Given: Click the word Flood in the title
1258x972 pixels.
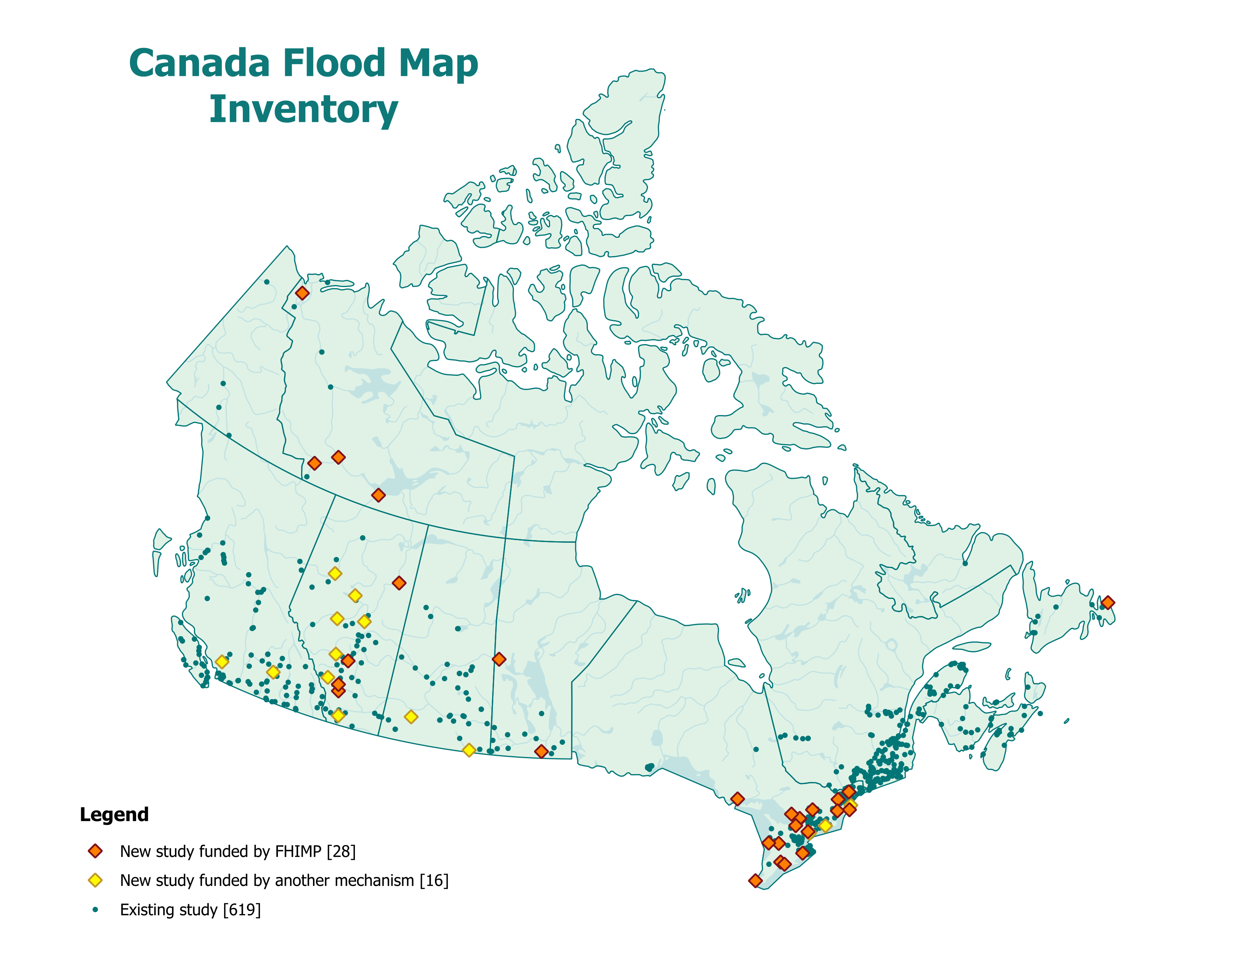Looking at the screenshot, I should point(334,63).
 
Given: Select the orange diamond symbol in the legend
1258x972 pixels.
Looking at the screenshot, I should point(95,851).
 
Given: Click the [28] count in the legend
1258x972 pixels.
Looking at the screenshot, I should point(341,851).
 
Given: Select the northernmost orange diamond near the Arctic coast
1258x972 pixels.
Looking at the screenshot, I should point(302,293).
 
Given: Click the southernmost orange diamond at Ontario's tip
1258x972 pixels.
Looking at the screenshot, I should point(755,881).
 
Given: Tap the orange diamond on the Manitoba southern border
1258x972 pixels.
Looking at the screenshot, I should point(541,751).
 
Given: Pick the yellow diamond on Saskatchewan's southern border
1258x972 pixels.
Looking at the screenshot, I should point(469,750).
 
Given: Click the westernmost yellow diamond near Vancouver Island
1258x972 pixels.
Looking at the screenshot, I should point(222,662).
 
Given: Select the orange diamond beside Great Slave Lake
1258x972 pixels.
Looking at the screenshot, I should point(378,495).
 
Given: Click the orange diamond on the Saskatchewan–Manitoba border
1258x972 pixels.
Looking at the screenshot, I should point(499,659).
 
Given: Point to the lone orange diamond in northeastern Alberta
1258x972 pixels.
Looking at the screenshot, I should point(399,583).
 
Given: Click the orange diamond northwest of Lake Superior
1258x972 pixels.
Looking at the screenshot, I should point(737,799).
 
